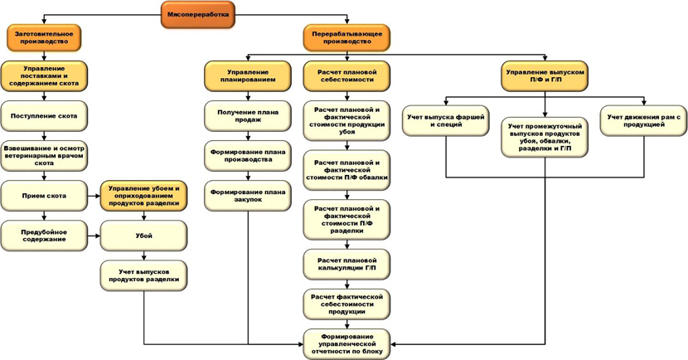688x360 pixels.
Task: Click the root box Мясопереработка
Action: tap(197, 14)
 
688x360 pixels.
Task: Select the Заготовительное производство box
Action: tap(44, 36)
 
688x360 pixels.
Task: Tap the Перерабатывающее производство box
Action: tap(347, 36)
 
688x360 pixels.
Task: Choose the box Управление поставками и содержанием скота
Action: tap(44, 75)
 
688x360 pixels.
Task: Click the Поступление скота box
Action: tap(44, 116)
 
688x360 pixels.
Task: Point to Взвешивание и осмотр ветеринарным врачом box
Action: tap(44, 156)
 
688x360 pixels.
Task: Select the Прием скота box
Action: tap(44, 196)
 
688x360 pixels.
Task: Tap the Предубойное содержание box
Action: tap(44, 236)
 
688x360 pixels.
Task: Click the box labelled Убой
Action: tap(143, 236)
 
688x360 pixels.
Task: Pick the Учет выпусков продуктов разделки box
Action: tap(143, 275)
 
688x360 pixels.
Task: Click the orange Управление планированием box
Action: tap(248, 75)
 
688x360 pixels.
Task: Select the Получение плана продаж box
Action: tap(248, 115)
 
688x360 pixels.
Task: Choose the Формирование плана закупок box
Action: tap(248, 196)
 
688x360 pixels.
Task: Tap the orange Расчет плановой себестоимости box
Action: tap(347, 75)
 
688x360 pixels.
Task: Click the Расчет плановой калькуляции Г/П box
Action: tap(347, 265)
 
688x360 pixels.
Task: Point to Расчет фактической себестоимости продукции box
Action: tap(347, 304)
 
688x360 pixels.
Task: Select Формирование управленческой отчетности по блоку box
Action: tap(347, 343)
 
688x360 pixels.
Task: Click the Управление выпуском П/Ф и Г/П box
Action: tap(545, 75)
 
